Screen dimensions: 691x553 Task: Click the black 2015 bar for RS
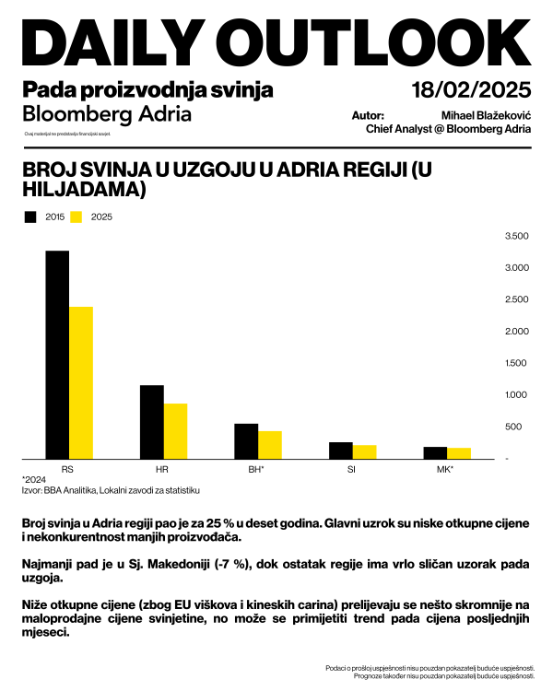click(x=57, y=355)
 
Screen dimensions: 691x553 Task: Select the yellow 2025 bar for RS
click(x=81, y=382)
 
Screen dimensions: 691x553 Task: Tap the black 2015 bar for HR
click(x=152, y=422)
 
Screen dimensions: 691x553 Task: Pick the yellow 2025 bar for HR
click(x=175, y=431)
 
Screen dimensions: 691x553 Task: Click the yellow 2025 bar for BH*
click(x=270, y=445)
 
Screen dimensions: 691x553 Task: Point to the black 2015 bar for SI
click(x=341, y=451)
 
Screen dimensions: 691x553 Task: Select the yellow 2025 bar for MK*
click(x=458, y=453)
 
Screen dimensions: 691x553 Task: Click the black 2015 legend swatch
click(x=30, y=217)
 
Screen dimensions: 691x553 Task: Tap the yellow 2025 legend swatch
click(x=77, y=217)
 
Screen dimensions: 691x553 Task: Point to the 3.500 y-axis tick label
click(x=517, y=237)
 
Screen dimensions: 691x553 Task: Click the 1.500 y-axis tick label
click(x=517, y=363)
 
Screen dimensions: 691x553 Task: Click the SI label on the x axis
click(x=352, y=469)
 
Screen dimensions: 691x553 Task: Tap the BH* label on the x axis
click(x=257, y=469)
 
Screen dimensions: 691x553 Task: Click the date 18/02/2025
click(x=473, y=90)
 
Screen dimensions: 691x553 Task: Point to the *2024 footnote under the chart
click(x=33, y=480)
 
